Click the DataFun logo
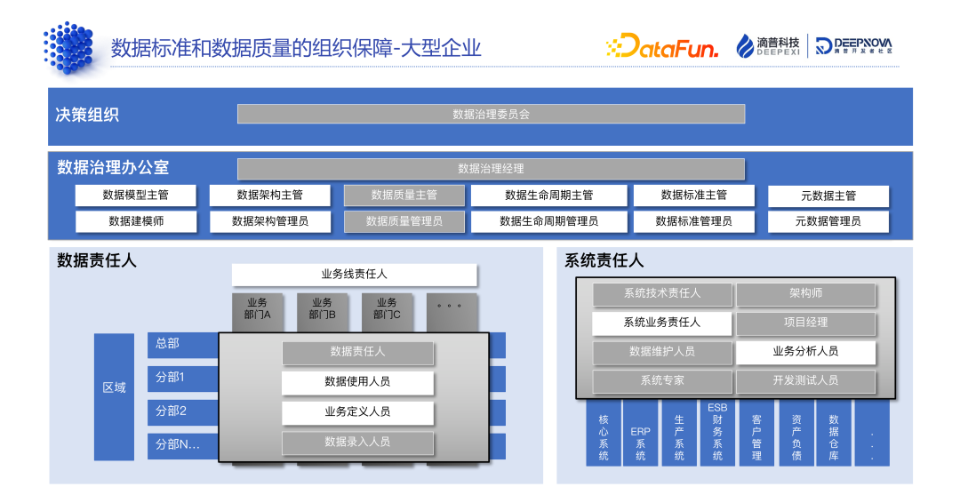tap(661, 46)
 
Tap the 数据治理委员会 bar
tap(491, 114)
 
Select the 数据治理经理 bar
tap(491, 169)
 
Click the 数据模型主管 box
tap(135, 196)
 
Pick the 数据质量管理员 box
tap(404, 221)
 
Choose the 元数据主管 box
tap(828, 196)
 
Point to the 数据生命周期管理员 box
tap(548, 221)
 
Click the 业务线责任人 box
tap(354, 275)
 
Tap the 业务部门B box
tap(322, 309)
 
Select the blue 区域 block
tap(114, 388)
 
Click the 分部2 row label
tap(172, 411)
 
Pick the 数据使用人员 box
tap(357, 382)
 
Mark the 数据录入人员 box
tap(357, 442)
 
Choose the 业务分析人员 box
tap(805, 352)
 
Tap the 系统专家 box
tap(662, 381)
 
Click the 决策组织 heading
tap(87, 115)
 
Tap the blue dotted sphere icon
tap(69, 46)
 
